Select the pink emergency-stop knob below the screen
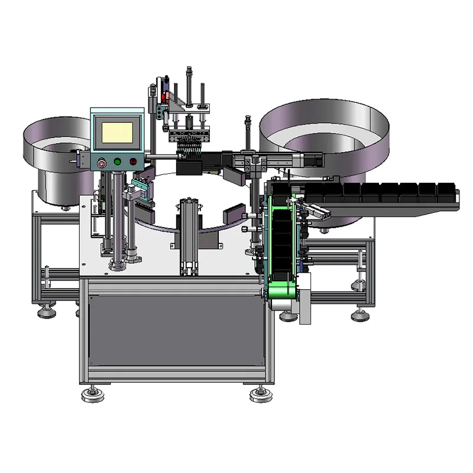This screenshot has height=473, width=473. click(x=102, y=161)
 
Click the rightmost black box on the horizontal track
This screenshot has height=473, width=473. click(x=447, y=192)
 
